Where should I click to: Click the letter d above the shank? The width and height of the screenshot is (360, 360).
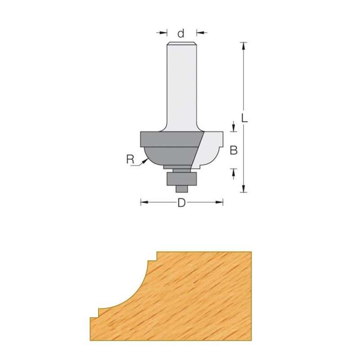click(x=181, y=33)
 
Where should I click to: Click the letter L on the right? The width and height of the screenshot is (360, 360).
click(x=243, y=118)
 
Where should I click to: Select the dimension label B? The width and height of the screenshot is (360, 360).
click(x=234, y=150)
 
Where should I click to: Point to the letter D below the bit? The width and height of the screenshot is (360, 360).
click(x=181, y=203)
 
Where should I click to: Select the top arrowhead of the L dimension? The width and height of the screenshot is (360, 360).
click(x=243, y=45)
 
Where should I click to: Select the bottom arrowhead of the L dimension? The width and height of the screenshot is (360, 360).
click(x=243, y=189)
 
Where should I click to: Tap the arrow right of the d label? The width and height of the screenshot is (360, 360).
click(x=199, y=32)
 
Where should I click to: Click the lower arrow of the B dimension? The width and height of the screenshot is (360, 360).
click(x=234, y=171)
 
